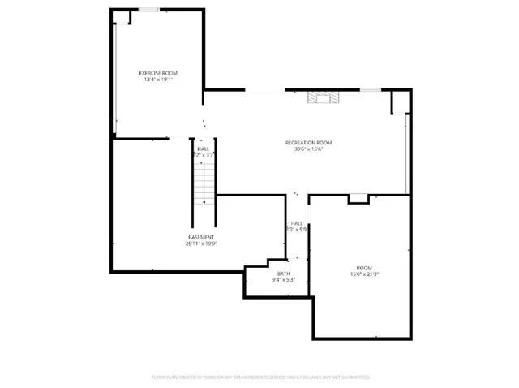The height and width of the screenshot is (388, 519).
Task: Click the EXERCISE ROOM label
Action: (159, 73)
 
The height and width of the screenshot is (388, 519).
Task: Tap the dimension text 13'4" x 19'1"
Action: (159, 80)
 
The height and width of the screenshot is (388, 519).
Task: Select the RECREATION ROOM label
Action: (308, 143)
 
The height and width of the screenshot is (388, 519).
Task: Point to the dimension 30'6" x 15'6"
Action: (308, 149)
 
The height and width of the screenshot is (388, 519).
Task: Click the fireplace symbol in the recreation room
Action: (320, 98)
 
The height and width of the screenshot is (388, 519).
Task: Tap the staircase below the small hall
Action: (204, 183)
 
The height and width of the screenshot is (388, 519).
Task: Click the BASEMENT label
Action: (201, 236)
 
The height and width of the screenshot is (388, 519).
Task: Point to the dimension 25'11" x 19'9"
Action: (201, 243)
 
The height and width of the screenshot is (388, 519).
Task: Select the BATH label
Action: (283, 274)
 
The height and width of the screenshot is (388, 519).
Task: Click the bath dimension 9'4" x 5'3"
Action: (283, 280)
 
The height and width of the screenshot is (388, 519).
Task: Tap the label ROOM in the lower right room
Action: (364, 268)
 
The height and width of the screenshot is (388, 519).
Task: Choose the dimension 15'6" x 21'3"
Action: (364, 274)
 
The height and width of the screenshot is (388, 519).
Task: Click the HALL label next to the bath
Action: (297, 222)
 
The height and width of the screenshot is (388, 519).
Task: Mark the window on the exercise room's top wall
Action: (148, 9)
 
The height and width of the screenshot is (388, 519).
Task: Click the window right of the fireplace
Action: (371, 90)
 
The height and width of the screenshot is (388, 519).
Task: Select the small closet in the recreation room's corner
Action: (399, 102)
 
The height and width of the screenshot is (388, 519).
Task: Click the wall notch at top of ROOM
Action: (358, 198)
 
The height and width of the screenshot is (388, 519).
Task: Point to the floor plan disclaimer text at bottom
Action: (260, 377)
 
